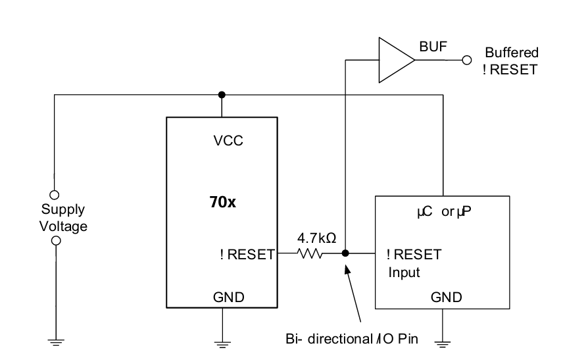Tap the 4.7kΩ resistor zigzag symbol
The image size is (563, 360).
click(x=310, y=253)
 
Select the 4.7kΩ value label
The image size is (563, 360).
click(x=317, y=238)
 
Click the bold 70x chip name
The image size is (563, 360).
click(x=222, y=202)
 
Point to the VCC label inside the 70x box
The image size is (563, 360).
click(x=228, y=141)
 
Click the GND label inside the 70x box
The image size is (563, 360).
click(x=229, y=297)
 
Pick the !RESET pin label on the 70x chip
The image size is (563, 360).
click(x=247, y=255)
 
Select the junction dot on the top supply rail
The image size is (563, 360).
click(x=222, y=95)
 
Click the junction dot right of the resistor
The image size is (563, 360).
click(x=345, y=253)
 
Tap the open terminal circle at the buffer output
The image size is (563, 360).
click(x=467, y=60)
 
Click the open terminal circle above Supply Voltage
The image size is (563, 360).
click(x=54, y=195)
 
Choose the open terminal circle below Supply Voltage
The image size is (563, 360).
click(x=56, y=241)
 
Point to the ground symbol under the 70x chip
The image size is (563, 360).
click(x=222, y=345)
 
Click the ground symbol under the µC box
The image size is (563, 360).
click(x=443, y=344)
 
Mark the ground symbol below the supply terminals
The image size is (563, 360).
click(x=56, y=342)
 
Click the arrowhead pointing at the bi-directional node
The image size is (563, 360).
click(x=347, y=269)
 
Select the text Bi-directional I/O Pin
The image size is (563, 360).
click(x=352, y=339)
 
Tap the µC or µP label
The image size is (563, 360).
click(x=444, y=211)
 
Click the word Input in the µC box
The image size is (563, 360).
click(x=404, y=272)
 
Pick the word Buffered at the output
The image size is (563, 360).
click(x=512, y=53)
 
